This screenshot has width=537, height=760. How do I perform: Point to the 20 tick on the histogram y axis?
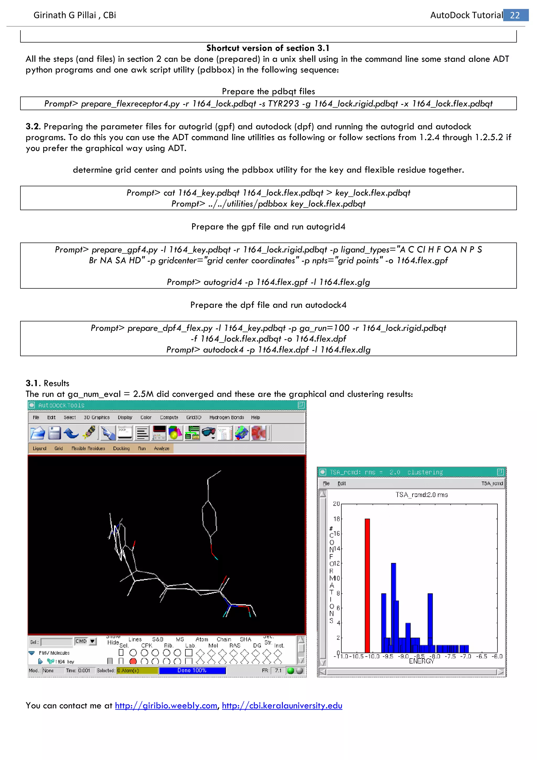pos(336,504)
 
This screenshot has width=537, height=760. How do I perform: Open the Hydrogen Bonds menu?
pos(227,418)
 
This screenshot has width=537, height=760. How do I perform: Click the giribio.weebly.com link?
pos(166,705)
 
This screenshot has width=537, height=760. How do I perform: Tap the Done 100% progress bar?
pos(192,670)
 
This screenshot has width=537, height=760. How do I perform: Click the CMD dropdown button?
pos(93,641)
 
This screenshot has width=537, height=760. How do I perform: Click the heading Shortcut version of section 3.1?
pos(268,48)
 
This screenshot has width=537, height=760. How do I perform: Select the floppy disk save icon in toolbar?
pos(55,433)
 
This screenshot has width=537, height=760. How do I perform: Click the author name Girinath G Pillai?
pos(65,15)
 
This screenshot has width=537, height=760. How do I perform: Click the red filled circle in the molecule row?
pos(133,661)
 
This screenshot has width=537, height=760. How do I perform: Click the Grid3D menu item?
pos(194,418)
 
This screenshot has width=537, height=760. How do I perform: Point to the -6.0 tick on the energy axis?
pos(497,656)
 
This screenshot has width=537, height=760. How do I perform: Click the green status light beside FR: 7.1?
pos(291,670)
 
